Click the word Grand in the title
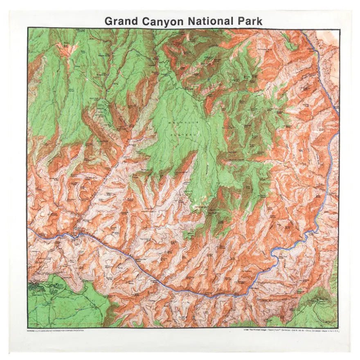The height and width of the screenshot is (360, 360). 121,21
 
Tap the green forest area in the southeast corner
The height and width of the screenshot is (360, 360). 317,305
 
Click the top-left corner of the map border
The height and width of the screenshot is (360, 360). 28,28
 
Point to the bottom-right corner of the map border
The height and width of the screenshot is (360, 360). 338,327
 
